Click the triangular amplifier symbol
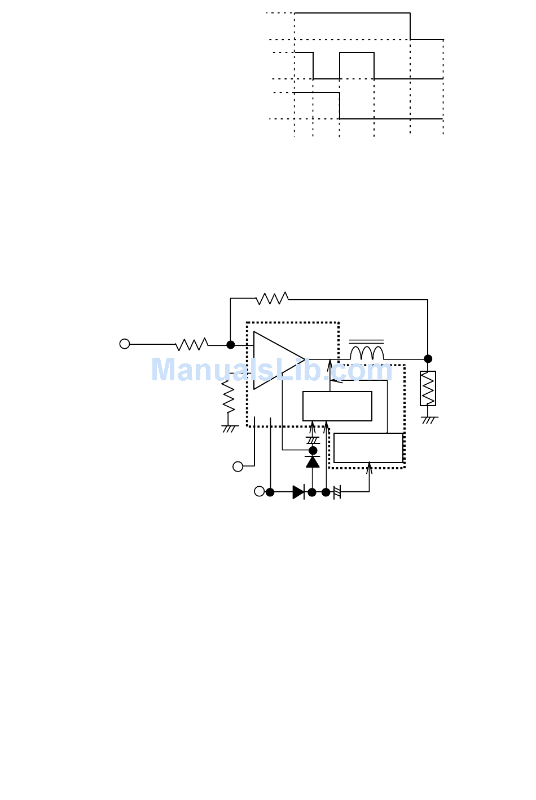coord(276,360)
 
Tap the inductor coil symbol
coord(367,353)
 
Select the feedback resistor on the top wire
coord(272,299)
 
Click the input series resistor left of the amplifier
coord(192,344)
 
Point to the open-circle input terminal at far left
coord(125,344)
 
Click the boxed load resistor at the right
coord(428,388)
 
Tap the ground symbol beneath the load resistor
coord(429,420)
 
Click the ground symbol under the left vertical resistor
coord(229,429)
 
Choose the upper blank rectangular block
coord(337,406)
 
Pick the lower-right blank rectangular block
coord(368,448)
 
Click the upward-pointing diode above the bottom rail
coord(313,461)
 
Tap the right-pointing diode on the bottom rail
coord(298,492)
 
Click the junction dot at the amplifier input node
coord(230,344)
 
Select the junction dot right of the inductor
coord(428,358)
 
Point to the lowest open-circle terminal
coord(259,491)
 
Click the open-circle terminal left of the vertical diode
coord(238,466)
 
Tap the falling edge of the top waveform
coord(410,26)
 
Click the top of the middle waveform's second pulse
coord(357,53)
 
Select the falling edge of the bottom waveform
coord(339,105)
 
